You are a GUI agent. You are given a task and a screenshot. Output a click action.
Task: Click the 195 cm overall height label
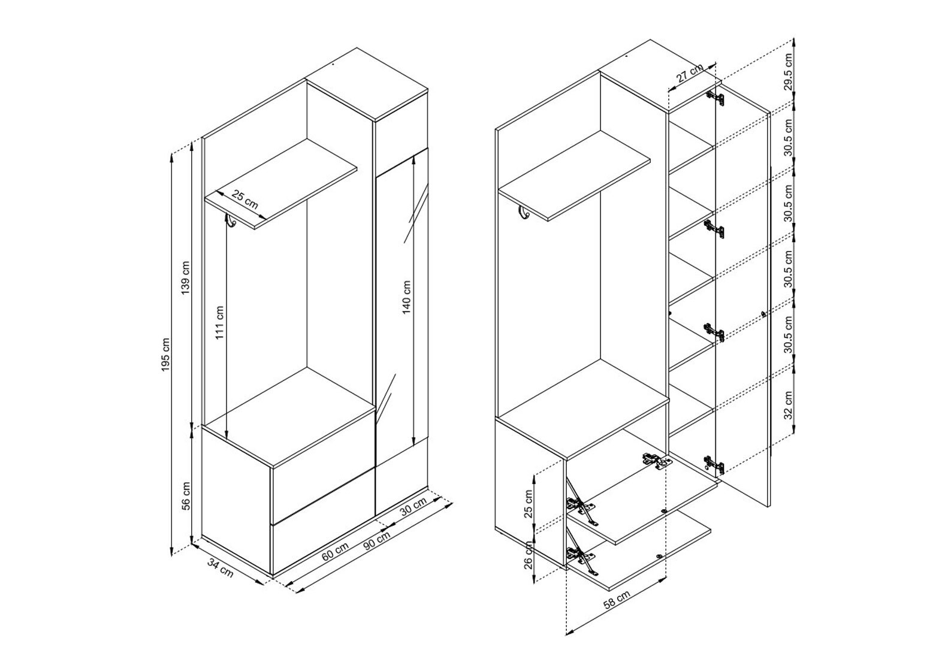[x=165, y=354]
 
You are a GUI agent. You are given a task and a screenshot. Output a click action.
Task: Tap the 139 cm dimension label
[x=186, y=279]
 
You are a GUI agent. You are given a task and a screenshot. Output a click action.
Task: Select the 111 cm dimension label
[x=219, y=323]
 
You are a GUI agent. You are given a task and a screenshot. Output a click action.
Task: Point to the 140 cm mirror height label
[x=406, y=297]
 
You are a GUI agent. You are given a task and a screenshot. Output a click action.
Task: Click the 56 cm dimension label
[x=186, y=495]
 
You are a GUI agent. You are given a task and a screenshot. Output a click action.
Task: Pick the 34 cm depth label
[x=220, y=567]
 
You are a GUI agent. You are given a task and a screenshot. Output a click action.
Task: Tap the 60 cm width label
[x=335, y=551]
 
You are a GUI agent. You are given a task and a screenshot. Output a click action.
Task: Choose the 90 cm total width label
[x=376, y=540]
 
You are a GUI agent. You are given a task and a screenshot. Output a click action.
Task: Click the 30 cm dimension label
[x=413, y=507]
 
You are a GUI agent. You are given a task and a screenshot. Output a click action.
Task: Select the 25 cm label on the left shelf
[x=244, y=200]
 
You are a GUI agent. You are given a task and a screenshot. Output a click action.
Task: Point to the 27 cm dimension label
[x=690, y=72]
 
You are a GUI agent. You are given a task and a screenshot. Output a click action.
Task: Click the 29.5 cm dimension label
[x=788, y=72]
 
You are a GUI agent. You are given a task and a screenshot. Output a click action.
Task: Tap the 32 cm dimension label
[x=788, y=405]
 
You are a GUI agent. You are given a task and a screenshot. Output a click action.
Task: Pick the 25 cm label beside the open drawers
[x=529, y=504]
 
